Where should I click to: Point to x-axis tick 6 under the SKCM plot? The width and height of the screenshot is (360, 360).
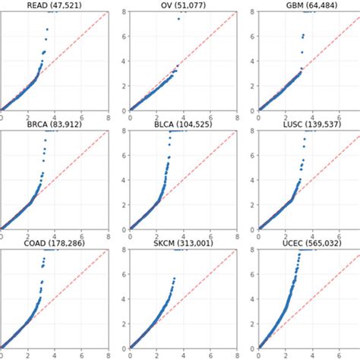pos(212,353)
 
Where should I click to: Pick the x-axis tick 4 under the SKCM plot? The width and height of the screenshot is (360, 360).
pos(185,353)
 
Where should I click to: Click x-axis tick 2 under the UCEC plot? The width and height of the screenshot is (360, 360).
pos(287,353)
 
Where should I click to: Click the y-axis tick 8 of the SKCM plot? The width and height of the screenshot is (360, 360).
pos(126,251)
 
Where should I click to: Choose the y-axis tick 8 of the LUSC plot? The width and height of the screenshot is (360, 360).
pos(255,131)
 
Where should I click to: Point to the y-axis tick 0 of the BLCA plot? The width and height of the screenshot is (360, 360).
pos(126,227)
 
